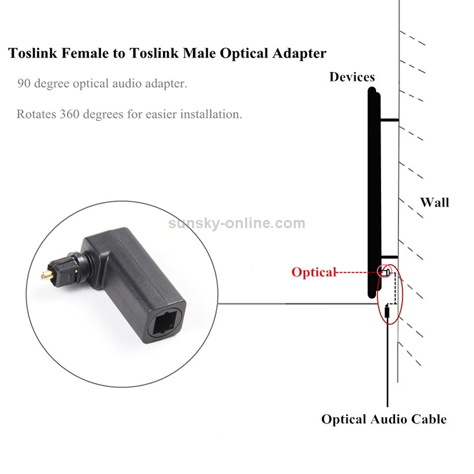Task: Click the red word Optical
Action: coord(313,272)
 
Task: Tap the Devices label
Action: coord(352,77)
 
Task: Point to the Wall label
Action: coord(435,202)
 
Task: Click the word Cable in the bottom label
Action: coord(425,419)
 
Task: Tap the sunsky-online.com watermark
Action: coord(237,223)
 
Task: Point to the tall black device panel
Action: coord(373,190)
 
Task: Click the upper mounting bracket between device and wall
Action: coord(389,120)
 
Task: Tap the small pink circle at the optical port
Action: coord(384,272)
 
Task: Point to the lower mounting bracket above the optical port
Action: coord(389,256)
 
